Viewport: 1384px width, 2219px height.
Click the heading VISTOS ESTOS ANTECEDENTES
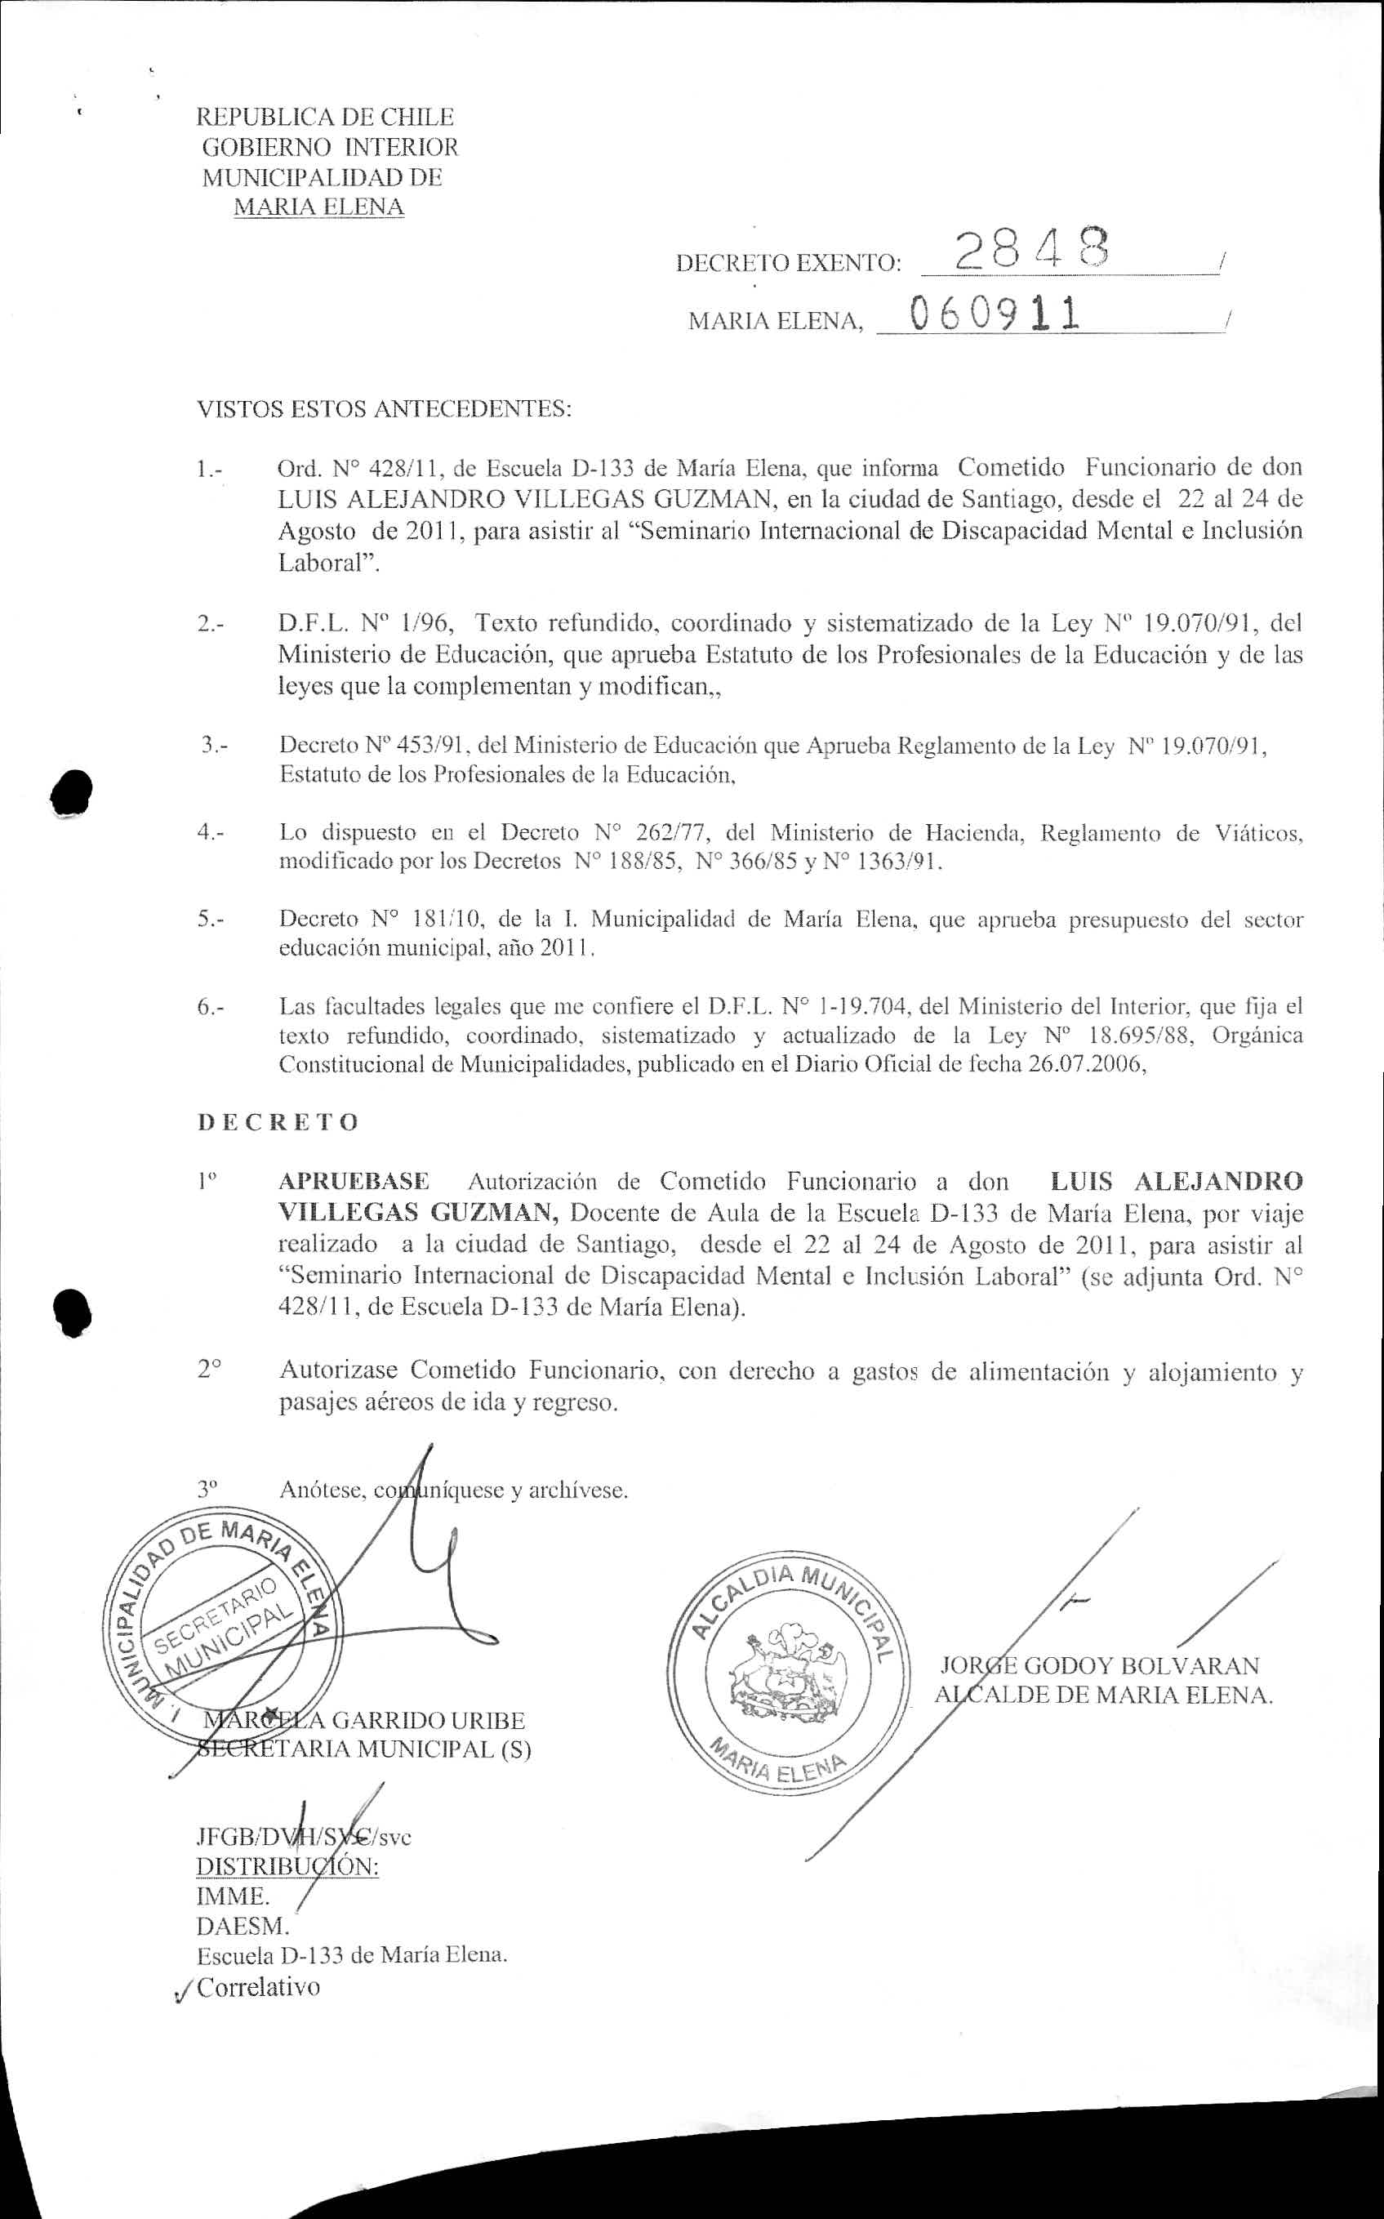pyautogui.click(x=385, y=408)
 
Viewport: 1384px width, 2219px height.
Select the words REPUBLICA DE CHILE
pyautogui.click(x=326, y=117)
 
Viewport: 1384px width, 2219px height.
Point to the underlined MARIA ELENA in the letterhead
pyautogui.click(x=318, y=207)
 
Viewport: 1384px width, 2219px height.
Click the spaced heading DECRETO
pyautogui.click(x=278, y=1122)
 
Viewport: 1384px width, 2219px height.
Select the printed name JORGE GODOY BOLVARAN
pyautogui.click(x=1100, y=1665)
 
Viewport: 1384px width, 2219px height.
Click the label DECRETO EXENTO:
pyautogui.click(x=788, y=265)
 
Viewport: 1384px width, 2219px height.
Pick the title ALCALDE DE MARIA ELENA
pyautogui.click(x=1104, y=1695)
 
